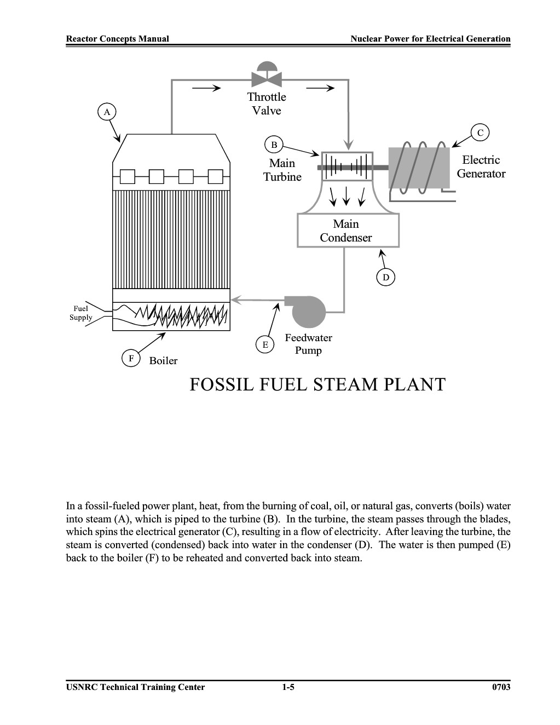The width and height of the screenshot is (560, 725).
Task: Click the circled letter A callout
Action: click(107, 112)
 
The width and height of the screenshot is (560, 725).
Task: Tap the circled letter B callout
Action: click(274, 145)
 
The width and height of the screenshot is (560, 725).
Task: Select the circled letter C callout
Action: click(480, 133)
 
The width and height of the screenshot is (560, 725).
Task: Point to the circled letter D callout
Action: click(385, 277)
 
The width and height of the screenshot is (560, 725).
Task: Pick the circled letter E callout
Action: click(265, 344)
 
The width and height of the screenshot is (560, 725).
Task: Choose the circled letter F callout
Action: click(131, 358)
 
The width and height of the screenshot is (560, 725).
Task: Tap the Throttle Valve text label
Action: click(267, 103)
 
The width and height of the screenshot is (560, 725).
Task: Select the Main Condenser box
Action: click(348, 231)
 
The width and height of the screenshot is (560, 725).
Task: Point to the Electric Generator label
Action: click(481, 167)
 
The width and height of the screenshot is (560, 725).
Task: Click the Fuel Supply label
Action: click(80, 313)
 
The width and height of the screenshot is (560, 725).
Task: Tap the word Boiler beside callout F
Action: click(163, 361)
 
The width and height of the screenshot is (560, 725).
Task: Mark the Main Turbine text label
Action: click(282, 170)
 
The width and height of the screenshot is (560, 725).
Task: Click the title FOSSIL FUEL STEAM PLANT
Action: click(317, 384)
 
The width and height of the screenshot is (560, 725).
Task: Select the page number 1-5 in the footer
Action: click(288, 687)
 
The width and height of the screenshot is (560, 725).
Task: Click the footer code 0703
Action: click(501, 687)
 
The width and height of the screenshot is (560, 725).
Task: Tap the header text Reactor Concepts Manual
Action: click(117, 39)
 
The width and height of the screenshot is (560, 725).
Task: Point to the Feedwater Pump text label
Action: click(309, 344)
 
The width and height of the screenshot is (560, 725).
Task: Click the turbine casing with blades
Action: click(347, 166)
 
